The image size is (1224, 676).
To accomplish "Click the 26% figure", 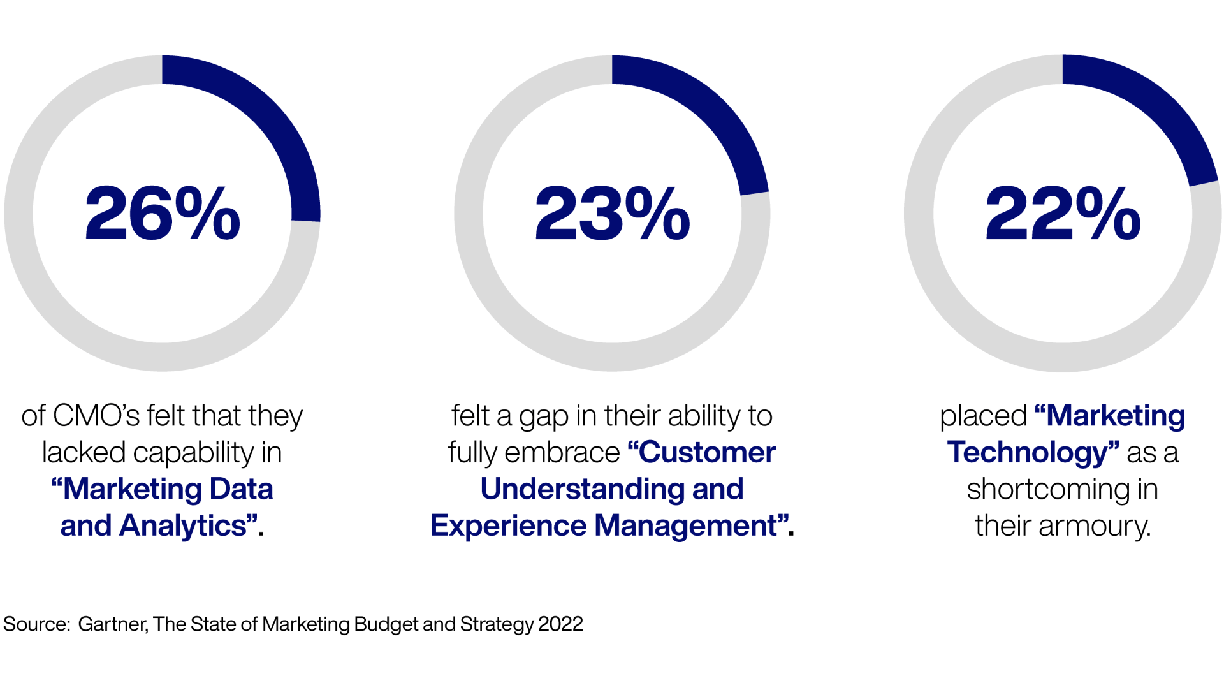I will click(163, 214).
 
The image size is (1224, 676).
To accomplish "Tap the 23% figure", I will click(612, 214).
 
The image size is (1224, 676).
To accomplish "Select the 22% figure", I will click(1063, 214).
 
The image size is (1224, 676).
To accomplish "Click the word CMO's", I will click(96, 416).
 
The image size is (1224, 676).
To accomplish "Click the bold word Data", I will click(241, 489).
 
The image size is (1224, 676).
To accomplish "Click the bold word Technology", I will click(1028, 453).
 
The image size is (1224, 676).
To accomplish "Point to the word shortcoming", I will click(1047, 490).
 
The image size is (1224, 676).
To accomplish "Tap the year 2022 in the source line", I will click(560, 624).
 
